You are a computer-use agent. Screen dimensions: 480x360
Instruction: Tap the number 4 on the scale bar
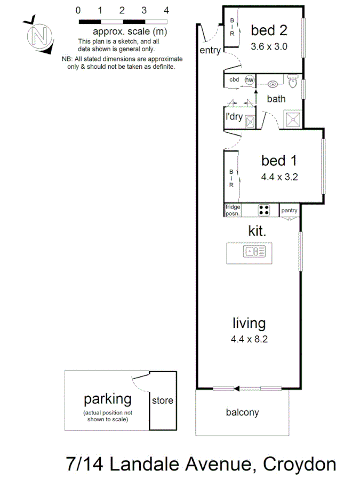tap(167, 10)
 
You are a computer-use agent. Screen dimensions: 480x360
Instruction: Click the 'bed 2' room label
tap(269, 31)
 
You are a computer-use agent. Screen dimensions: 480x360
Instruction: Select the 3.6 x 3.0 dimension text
tap(269, 46)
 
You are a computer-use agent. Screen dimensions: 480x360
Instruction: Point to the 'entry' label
tap(210, 50)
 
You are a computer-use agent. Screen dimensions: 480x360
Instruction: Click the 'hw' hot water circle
tap(249, 80)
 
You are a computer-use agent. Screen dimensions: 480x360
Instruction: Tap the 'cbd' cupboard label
tap(234, 80)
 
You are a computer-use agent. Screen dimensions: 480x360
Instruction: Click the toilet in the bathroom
tap(292, 82)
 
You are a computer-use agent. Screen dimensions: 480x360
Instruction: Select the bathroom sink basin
tap(273, 83)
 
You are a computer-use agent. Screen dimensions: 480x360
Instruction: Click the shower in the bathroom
tap(293, 118)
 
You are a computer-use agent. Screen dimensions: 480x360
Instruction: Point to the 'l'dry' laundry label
tap(234, 116)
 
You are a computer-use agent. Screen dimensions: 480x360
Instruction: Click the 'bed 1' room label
tap(278, 160)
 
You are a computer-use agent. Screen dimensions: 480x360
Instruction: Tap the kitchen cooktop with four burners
tap(264, 210)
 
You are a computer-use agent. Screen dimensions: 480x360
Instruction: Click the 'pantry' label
tap(290, 210)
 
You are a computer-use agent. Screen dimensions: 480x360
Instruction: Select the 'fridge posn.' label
tap(233, 210)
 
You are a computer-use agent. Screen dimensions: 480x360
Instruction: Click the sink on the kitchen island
tap(251, 251)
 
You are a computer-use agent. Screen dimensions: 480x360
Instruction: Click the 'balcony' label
tap(243, 412)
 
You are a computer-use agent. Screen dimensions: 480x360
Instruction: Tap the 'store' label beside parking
tap(163, 401)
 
